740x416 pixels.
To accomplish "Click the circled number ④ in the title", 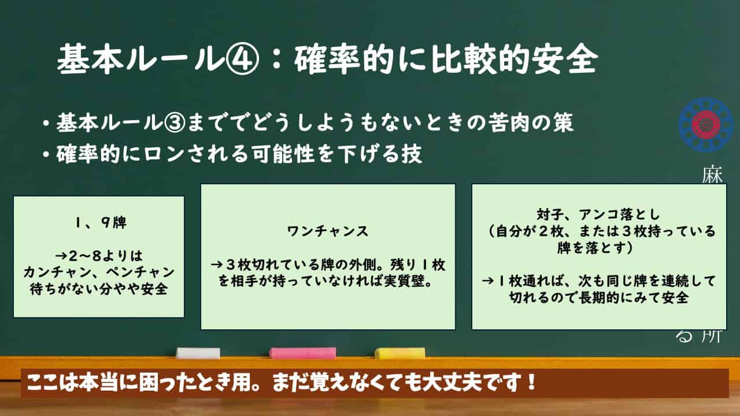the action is point(243,60).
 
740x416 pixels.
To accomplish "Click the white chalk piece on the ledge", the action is point(198,353).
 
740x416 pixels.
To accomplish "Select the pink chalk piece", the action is point(302,353).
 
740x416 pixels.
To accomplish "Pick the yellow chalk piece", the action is point(399,353).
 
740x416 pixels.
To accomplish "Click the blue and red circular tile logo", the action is point(706,125).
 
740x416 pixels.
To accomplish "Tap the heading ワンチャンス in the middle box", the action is point(328,231).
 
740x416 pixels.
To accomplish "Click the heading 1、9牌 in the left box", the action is point(101,222).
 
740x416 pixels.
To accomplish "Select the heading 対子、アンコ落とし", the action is point(598,214).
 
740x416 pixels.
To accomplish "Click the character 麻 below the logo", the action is point(712,174).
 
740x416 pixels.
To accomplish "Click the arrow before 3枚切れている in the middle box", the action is point(217,265).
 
